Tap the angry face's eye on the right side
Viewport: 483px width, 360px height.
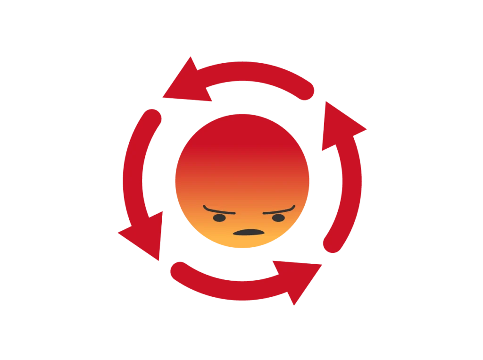[278, 218]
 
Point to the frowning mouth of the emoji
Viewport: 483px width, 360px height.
[248, 233]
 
